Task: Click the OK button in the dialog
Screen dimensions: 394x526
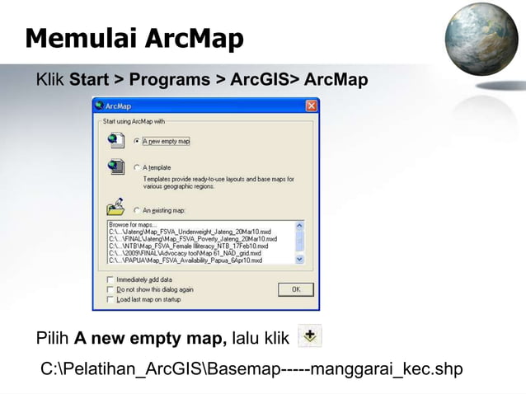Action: pos(294,288)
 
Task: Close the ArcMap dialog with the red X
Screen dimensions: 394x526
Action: pos(311,106)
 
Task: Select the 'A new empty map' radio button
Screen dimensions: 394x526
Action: pos(137,141)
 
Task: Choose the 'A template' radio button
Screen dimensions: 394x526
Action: pos(137,167)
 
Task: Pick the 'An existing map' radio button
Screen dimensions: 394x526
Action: pos(137,209)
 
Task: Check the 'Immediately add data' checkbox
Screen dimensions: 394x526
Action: pos(111,279)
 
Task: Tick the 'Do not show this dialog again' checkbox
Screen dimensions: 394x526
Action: pos(111,289)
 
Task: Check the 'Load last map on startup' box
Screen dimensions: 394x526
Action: pos(111,298)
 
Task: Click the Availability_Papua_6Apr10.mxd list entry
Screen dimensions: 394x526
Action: pos(186,260)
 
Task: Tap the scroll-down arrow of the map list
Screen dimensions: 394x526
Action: pos(299,260)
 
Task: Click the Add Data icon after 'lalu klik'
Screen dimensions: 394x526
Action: pos(310,336)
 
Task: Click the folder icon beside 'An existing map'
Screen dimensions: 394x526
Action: pos(115,206)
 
